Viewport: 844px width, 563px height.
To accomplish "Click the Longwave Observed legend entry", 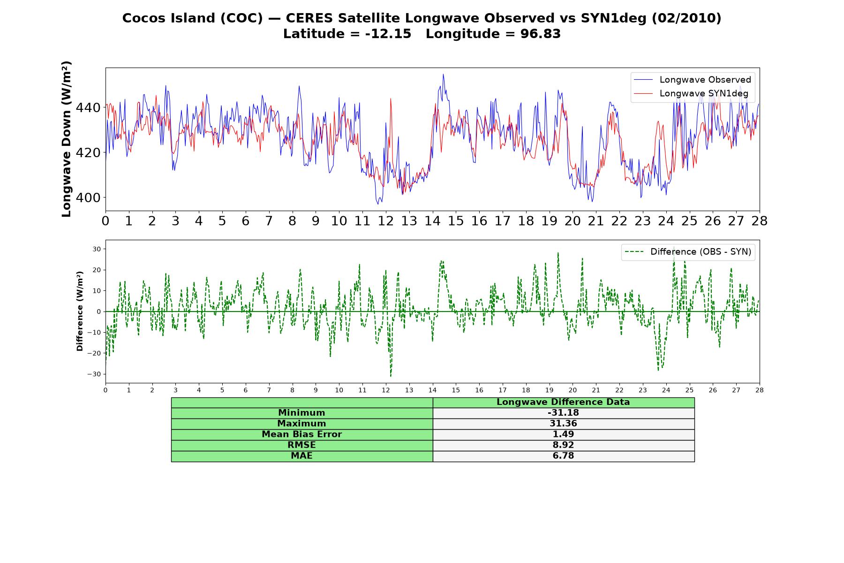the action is (692, 80).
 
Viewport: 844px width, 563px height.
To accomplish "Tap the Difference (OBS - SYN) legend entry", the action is (688, 252).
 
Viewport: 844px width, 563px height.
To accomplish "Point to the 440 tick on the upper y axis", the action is (88, 108).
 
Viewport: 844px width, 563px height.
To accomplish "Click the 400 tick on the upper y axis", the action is (88, 198).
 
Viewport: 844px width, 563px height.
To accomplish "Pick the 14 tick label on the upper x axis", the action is (432, 221).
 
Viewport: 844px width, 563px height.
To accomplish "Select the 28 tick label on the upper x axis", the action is (760, 221).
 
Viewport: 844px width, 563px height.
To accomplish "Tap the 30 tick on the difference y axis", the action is (97, 249).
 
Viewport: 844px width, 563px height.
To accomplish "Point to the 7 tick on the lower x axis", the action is (269, 390).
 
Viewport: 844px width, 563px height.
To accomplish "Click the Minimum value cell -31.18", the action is (563, 413).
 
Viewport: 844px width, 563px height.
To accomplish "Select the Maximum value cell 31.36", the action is (563, 424).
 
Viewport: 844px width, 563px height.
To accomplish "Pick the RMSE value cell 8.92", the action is (563, 445).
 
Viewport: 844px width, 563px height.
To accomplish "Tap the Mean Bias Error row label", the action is (301, 434).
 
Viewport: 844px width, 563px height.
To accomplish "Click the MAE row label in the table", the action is (301, 456).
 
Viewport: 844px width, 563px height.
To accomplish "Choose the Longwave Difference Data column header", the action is (563, 402).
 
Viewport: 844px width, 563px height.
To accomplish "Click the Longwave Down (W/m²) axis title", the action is (66, 139).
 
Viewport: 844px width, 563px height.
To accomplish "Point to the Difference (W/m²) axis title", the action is (80, 311).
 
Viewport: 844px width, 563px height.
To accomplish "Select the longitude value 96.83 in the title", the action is (540, 34).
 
